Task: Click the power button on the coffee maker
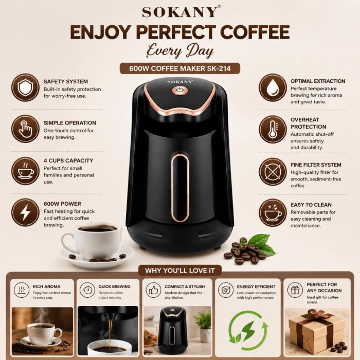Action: click(x=179, y=91)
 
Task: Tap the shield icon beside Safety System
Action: click(x=25, y=87)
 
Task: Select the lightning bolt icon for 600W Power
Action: click(x=25, y=212)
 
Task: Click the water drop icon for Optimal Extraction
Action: click(x=273, y=87)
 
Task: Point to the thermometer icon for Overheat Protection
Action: click(x=273, y=129)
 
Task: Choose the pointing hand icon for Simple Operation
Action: click(x=25, y=129)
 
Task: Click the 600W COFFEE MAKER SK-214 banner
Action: click(x=180, y=68)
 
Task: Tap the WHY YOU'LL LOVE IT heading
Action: click(x=180, y=271)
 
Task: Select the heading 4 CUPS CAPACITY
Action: click(x=68, y=160)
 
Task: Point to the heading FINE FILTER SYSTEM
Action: click(x=316, y=165)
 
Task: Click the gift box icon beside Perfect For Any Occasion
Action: click(x=295, y=290)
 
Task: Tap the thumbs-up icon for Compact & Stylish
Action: click(x=153, y=290)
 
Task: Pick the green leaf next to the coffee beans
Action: click(x=262, y=244)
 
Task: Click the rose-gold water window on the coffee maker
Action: click(x=180, y=188)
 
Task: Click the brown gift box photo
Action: click(x=317, y=332)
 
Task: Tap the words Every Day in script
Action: click(x=180, y=51)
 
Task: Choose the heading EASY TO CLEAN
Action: click(x=311, y=205)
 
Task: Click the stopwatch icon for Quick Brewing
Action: click(x=87, y=290)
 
